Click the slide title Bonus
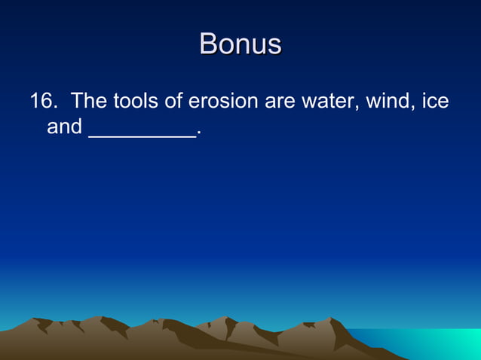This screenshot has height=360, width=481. (x=240, y=44)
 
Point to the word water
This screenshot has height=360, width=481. (x=329, y=101)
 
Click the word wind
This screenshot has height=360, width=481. (x=387, y=101)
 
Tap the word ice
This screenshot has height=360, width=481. (x=436, y=101)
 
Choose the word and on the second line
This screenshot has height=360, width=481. (x=64, y=127)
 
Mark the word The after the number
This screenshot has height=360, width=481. (x=89, y=101)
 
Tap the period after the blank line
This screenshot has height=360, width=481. (x=198, y=134)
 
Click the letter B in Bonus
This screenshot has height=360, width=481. (x=209, y=44)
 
